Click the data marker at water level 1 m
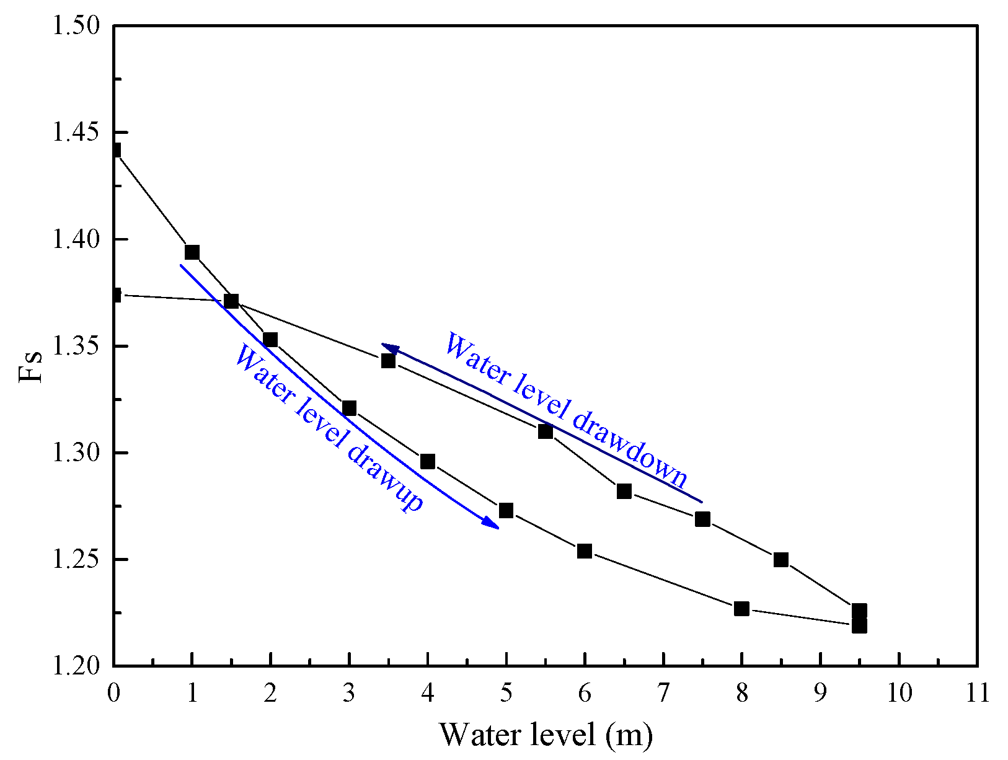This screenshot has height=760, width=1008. [192, 252]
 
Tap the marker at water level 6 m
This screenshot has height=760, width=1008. [585, 551]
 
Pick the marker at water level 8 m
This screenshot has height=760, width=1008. [741, 609]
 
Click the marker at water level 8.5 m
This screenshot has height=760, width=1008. [781, 560]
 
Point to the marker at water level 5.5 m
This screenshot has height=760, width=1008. [546, 431]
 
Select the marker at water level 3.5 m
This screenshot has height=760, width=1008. [388, 361]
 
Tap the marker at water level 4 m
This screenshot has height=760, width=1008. [428, 462]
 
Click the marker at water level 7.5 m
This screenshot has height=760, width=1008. [702, 519]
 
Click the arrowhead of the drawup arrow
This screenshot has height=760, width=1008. [492, 524]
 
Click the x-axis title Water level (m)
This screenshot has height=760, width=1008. [546, 735]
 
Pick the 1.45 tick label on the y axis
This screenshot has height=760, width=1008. [76, 133]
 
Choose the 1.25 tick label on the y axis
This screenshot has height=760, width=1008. [76, 560]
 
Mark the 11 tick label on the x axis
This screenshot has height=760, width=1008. [978, 692]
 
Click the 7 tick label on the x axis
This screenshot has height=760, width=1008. [663, 692]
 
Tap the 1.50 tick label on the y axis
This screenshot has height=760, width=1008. [76, 26]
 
